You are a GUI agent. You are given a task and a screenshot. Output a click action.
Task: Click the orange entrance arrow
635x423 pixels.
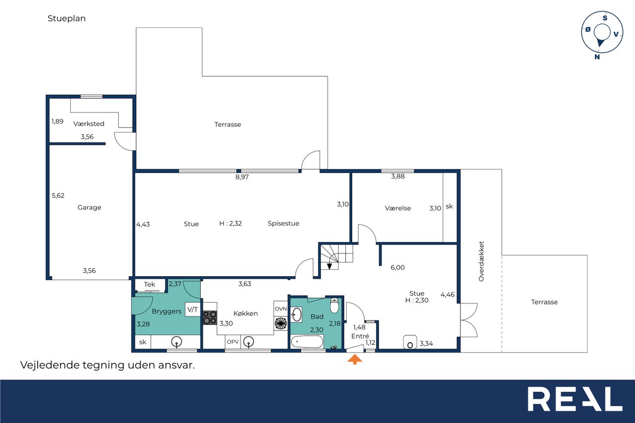click(x=355, y=359)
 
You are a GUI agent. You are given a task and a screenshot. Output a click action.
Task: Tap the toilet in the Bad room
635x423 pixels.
click(x=334, y=305)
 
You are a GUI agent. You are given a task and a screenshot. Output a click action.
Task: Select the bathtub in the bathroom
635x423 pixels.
click(x=307, y=342)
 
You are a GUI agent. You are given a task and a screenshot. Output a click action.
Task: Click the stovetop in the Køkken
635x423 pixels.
click(x=210, y=317)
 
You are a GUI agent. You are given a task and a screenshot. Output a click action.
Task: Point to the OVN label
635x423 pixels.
click(x=281, y=309)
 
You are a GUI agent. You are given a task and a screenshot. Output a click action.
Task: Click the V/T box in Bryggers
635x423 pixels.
click(x=192, y=309)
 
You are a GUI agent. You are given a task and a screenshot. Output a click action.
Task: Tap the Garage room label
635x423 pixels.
click(x=89, y=207)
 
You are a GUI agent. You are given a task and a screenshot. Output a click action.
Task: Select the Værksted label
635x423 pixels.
click(x=89, y=124)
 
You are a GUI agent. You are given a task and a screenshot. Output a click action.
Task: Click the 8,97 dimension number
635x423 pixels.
click(x=242, y=177)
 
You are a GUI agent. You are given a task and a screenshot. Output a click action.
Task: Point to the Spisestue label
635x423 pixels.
click(x=283, y=224)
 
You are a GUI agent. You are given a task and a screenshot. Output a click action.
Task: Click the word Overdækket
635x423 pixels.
click(x=481, y=261)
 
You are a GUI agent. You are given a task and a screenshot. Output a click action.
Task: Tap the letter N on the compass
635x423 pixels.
click(x=597, y=57)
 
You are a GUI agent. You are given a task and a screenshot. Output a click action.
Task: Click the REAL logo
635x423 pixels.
click(x=575, y=399)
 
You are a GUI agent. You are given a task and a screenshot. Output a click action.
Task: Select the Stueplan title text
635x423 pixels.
click(x=66, y=19)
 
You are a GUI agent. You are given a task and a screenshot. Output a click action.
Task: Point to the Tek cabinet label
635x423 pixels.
click(x=149, y=285)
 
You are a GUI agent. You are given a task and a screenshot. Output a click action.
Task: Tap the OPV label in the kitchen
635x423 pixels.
click(x=233, y=342)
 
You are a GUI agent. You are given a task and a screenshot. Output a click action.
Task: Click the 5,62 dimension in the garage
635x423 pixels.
click(x=58, y=196)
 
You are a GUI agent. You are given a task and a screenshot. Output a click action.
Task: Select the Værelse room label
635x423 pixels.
click(x=398, y=208)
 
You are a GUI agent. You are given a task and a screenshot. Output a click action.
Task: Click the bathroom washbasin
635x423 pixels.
click(x=297, y=315)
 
